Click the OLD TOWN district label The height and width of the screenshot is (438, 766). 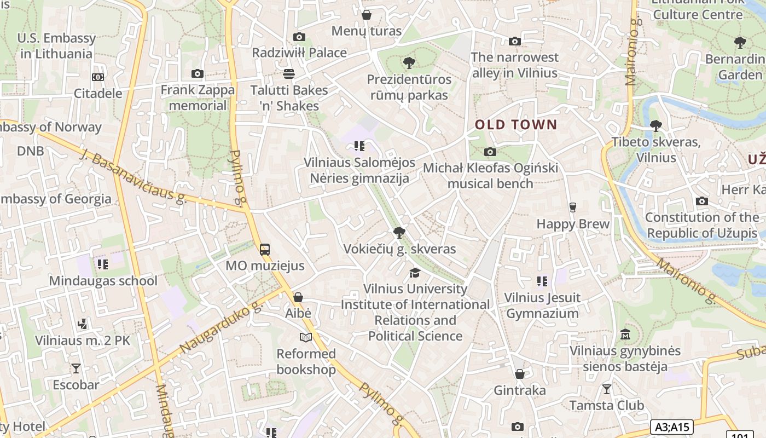click(x=516, y=125)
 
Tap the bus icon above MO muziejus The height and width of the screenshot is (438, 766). click(x=265, y=250)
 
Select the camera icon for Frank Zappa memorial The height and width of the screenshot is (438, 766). click(x=198, y=74)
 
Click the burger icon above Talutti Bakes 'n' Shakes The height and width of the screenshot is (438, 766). click(x=289, y=74)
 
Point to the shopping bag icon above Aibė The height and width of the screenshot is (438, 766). click(x=298, y=297)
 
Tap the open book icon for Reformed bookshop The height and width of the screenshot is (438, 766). click(x=306, y=338)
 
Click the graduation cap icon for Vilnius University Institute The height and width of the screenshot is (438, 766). click(x=415, y=273)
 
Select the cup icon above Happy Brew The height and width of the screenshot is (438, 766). click(x=573, y=208)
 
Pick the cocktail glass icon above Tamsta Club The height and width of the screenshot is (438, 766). click(x=606, y=389)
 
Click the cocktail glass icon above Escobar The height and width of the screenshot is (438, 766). click(x=76, y=368)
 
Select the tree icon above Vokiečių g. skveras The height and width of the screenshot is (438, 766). click(x=399, y=233)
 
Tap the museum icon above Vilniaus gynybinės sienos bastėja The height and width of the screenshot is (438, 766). click(x=625, y=334)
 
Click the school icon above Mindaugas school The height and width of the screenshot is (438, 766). click(x=102, y=265)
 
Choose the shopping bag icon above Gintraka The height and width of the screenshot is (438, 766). click(x=520, y=374)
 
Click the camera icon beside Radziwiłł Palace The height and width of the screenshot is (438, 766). click(x=299, y=37)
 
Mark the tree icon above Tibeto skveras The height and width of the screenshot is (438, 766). click(x=655, y=126)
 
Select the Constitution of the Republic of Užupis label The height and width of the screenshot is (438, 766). click(x=702, y=225)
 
